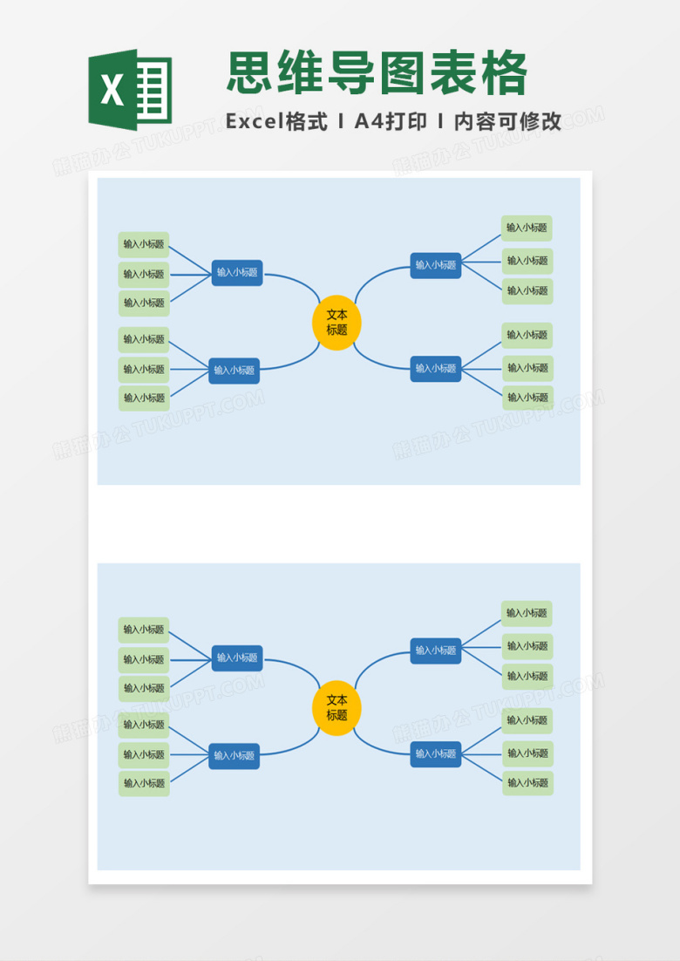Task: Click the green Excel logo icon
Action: point(130,90)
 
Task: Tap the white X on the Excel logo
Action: point(112,90)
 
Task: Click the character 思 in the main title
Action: point(250,73)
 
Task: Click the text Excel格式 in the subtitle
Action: point(276,121)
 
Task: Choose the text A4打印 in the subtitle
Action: point(391,121)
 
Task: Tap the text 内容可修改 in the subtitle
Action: point(507,121)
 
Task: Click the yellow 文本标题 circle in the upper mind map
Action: point(337,323)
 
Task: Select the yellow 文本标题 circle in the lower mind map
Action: point(337,708)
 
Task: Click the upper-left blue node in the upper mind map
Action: point(237,273)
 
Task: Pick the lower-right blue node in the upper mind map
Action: point(436,369)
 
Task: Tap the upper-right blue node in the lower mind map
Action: point(436,651)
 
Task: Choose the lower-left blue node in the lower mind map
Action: point(234,756)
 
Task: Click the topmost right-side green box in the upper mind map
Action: point(527,228)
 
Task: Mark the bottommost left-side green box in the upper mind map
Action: point(144,399)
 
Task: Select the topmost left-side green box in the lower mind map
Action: point(144,630)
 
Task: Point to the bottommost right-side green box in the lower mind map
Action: point(528,783)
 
